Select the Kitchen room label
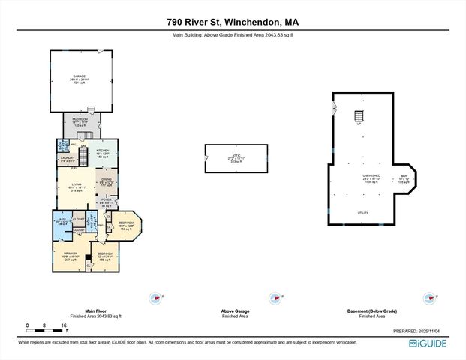103,151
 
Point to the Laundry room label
68,157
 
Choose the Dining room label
107,180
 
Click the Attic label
235,155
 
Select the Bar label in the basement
403,176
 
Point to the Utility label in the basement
362,213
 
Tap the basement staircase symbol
359,118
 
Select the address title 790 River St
233,22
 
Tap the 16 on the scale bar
66,325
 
